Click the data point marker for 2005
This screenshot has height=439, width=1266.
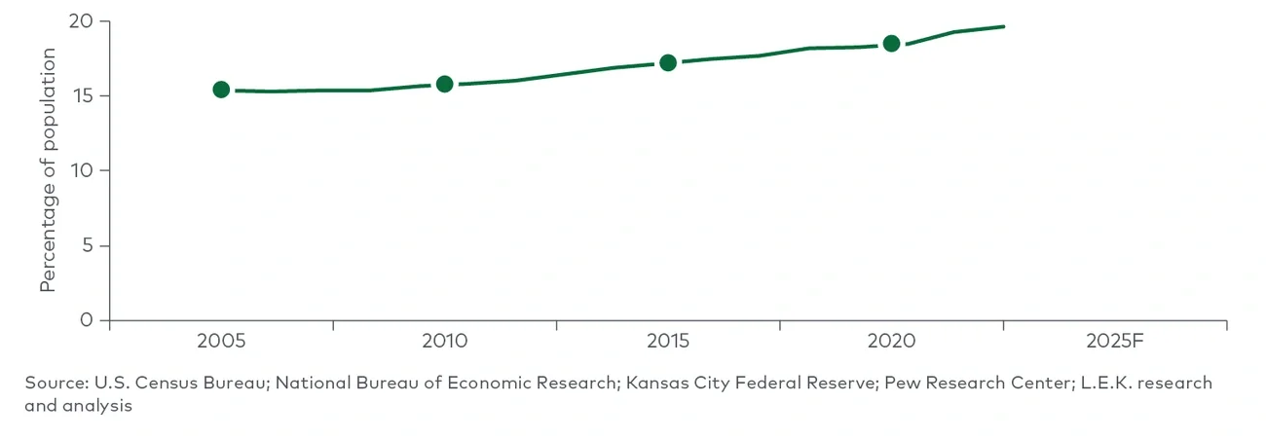(x=221, y=90)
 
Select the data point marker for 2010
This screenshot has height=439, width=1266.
(x=444, y=84)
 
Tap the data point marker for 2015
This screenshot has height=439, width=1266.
(x=668, y=62)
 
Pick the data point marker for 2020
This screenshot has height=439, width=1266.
(x=891, y=43)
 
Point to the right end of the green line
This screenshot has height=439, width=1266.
(x=1003, y=26)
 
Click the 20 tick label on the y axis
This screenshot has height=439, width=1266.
(x=83, y=21)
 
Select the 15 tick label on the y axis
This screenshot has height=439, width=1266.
(x=83, y=96)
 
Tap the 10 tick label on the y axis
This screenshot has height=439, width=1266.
(x=83, y=170)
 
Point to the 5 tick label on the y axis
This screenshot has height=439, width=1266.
(x=89, y=245)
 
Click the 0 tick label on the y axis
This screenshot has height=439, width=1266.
(x=89, y=320)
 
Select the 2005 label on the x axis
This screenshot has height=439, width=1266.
(x=221, y=342)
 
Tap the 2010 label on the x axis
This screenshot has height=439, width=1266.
(x=444, y=342)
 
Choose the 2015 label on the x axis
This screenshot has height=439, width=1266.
(x=668, y=342)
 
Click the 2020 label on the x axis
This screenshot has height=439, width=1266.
(x=891, y=342)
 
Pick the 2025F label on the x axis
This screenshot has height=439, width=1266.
(x=1114, y=342)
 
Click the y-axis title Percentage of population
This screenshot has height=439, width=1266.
(x=48, y=169)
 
